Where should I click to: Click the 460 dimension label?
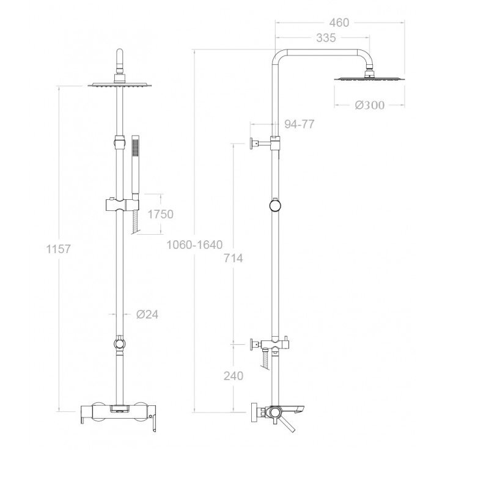(x=339, y=23)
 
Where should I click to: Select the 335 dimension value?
(x=326, y=38)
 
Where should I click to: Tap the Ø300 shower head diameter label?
(x=370, y=105)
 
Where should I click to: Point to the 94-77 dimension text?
(x=299, y=124)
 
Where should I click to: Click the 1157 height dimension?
(x=58, y=249)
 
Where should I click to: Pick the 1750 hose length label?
(x=160, y=215)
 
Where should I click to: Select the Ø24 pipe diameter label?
(x=147, y=314)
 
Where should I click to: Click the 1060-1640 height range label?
(x=194, y=244)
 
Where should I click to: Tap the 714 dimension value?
(x=233, y=258)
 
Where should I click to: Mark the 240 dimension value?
(x=233, y=376)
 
